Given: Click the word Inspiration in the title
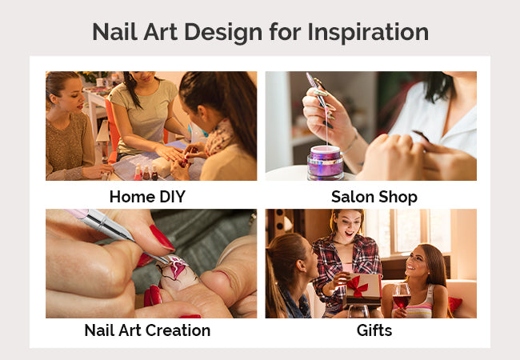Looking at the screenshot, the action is pyautogui.click(x=368, y=33).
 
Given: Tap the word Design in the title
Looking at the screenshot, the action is pyautogui.click(x=223, y=33).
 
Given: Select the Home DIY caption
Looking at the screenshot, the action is pyautogui.click(x=147, y=197).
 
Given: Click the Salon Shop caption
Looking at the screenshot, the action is pyautogui.click(x=374, y=197).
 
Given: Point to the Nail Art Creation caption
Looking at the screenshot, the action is pyautogui.click(x=147, y=330).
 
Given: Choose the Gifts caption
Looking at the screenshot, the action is pyautogui.click(x=374, y=330).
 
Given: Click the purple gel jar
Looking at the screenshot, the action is pyautogui.click(x=326, y=162).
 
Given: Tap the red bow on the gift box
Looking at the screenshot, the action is pyautogui.click(x=358, y=286).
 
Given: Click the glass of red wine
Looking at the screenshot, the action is pyautogui.click(x=402, y=298).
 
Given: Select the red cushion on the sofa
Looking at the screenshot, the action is pyautogui.click(x=454, y=304).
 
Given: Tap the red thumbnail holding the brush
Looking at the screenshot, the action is pyautogui.click(x=162, y=238).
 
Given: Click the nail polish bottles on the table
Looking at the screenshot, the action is pyautogui.click(x=146, y=172).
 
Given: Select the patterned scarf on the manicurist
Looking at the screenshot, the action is pyautogui.click(x=219, y=138).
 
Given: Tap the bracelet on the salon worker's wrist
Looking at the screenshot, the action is pyautogui.click(x=352, y=143).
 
